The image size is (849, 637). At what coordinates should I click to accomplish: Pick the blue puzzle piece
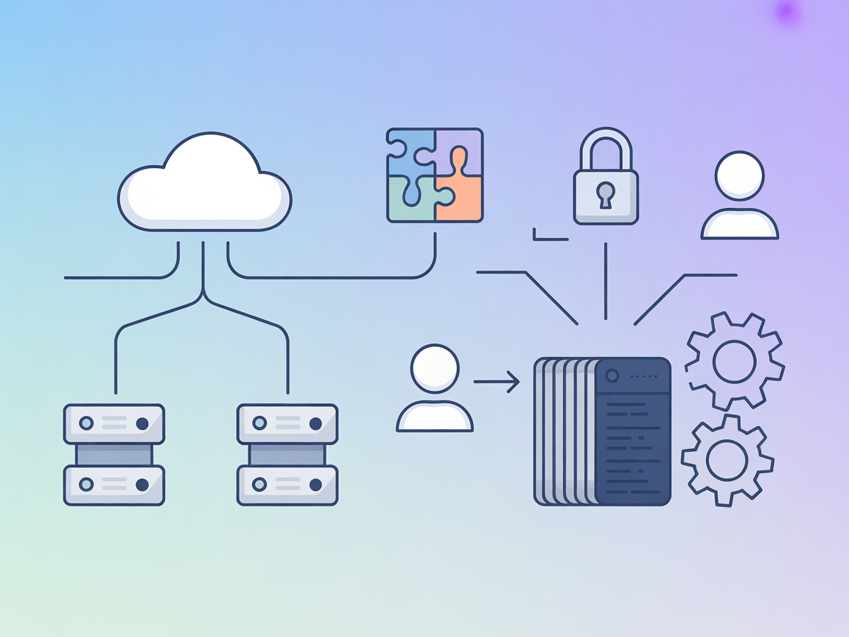410,151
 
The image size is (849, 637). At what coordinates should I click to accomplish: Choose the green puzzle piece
410,199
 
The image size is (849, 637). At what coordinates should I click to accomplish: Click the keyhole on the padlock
605,195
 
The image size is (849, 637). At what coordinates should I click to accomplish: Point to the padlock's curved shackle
606,145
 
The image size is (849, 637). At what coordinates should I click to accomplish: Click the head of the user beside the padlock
739,175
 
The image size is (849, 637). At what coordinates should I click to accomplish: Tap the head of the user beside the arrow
435,368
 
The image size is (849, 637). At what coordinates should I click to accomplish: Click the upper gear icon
734,361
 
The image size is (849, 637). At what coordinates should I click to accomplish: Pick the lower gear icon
727,460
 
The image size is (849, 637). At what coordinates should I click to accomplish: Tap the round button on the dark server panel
611,375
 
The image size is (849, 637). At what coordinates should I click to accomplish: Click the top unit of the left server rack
114,423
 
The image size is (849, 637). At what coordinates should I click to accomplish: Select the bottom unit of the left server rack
114,484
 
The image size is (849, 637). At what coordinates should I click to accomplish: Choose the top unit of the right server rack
287,423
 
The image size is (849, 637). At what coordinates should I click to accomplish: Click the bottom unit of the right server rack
287,484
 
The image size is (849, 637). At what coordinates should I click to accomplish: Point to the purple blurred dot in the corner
788,11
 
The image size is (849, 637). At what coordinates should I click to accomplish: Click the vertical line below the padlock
605,280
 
